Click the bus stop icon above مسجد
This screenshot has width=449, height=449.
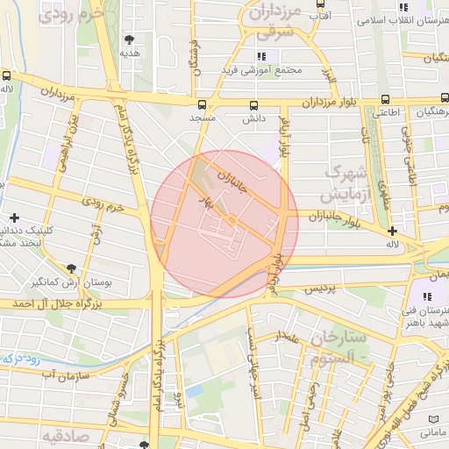[203, 103]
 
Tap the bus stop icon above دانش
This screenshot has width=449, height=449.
[254, 103]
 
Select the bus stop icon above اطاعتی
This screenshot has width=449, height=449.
[386, 99]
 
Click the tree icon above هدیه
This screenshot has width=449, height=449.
[130, 39]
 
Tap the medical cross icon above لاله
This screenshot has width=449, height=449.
[393, 230]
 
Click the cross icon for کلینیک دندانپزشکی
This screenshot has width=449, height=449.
[14, 217]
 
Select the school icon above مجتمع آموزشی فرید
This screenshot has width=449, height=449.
[260, 56]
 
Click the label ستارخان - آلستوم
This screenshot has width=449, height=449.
[334, 346]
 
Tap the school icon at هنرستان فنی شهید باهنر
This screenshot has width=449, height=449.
[430, 297]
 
